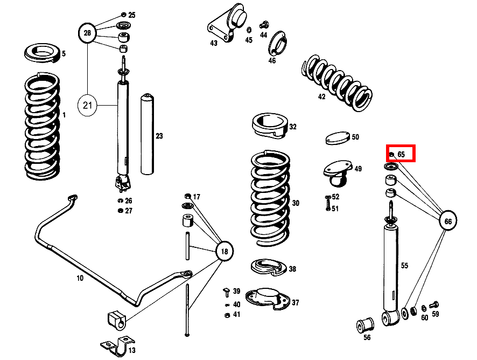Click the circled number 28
87,33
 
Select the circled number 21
88,105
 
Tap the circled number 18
225,251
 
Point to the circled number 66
448,220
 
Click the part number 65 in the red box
401,154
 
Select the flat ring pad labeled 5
42,53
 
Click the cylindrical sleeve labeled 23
148,135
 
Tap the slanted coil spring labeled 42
336,81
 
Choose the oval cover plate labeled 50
338,138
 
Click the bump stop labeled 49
337,172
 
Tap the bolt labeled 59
435,305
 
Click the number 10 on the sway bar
80,279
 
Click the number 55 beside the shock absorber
404,265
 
